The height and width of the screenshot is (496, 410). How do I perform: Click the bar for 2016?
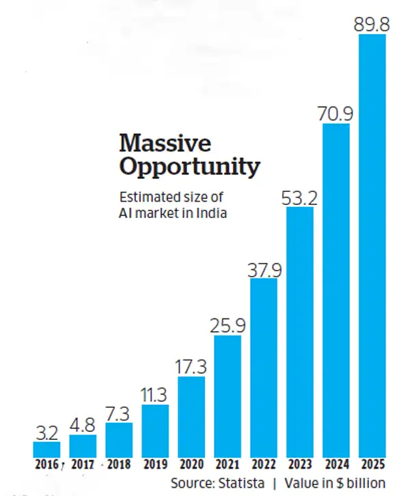pyautogui.click(x=46, y=449)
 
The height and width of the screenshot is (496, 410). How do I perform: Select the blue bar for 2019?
pyautogui.click(x=155, y=430)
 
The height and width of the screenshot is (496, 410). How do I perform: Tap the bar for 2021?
pyautogui.click(x=227, y=396)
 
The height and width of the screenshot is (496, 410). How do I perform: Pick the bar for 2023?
pyautogui.click(x=299, y=331)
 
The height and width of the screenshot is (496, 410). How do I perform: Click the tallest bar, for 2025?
pyautogui.click(x=372, y=246)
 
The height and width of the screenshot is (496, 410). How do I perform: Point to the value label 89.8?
pyautogui.click(x=372, y=23)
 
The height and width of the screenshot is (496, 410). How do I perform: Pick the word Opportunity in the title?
pyautogui.click(x=189, y=167)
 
